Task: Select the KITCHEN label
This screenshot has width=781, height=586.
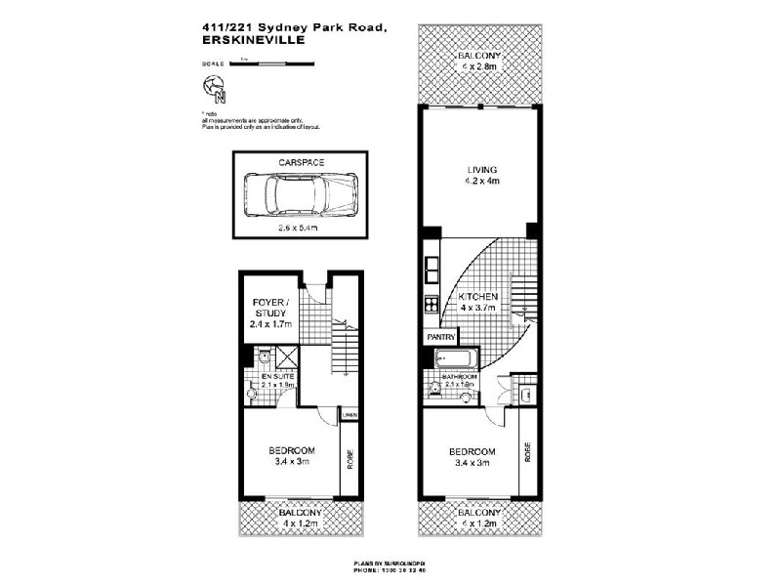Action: tap(478, 297)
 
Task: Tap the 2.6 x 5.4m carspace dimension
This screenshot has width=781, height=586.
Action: tap(300, 226)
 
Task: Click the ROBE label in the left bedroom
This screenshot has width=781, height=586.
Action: tap(349, 458)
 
